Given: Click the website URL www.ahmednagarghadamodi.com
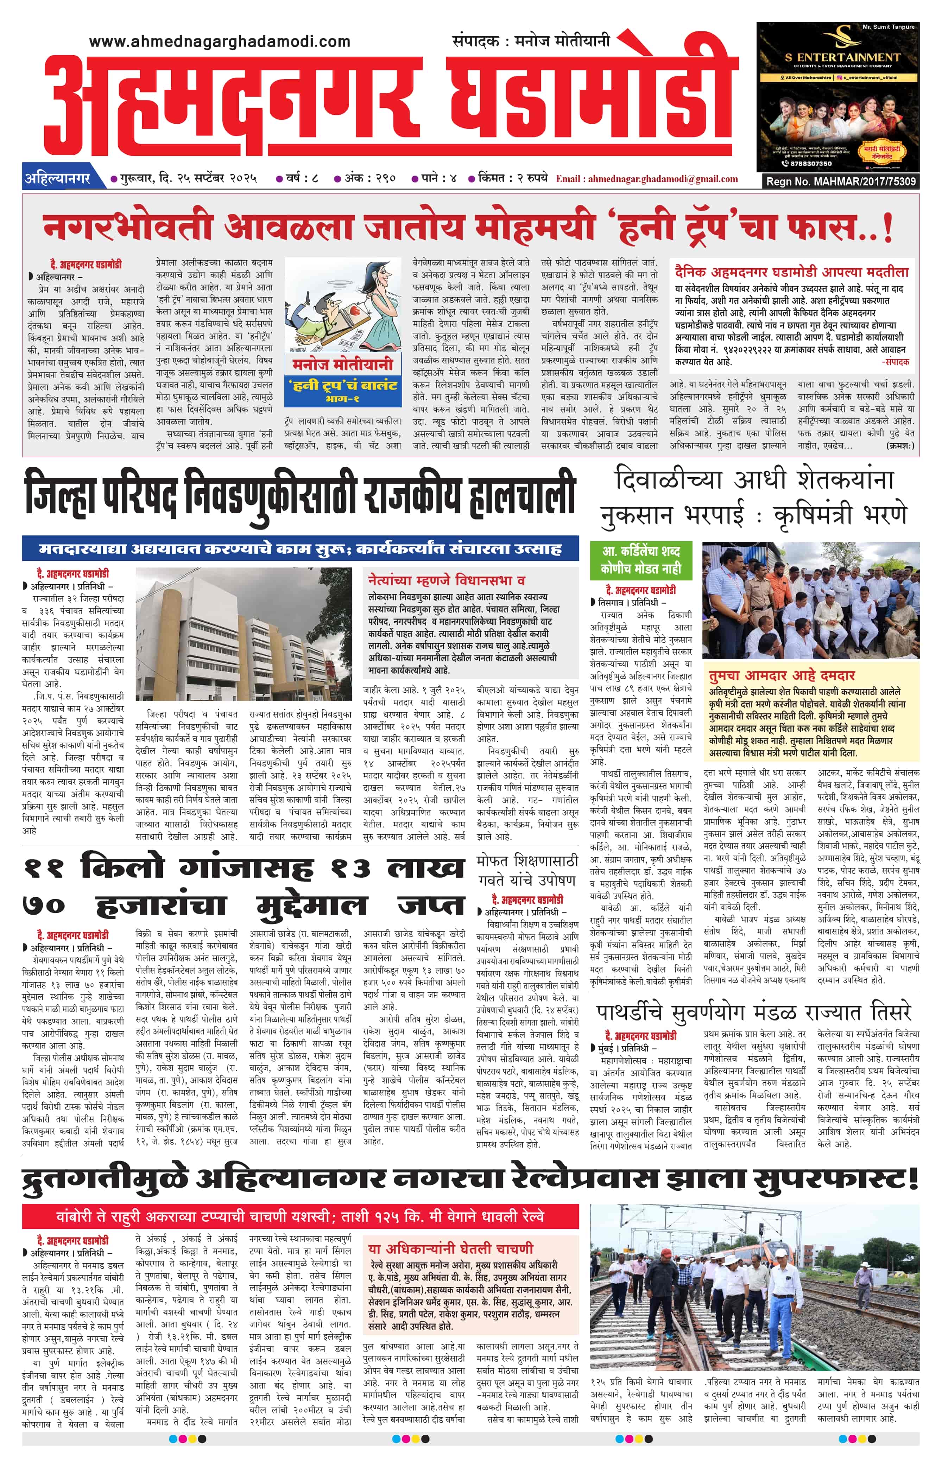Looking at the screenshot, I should [x=220, y=42].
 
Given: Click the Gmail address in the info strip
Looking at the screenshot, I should [x=663, y=179].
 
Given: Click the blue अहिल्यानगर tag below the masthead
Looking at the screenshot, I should [x=57, y=179].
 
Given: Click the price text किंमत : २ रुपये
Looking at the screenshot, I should [x=513, y=179].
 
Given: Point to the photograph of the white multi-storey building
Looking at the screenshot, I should [x=244, y=634].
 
